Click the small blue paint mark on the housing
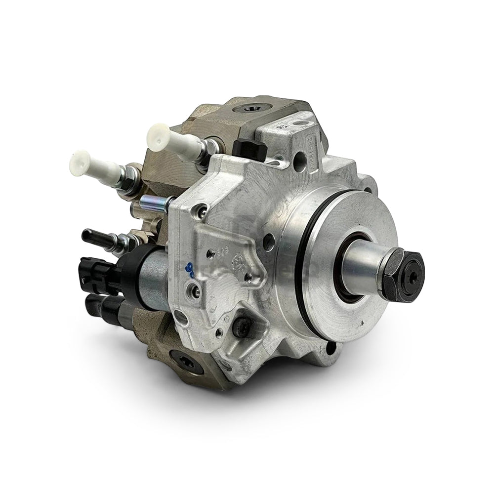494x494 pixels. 188,270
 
